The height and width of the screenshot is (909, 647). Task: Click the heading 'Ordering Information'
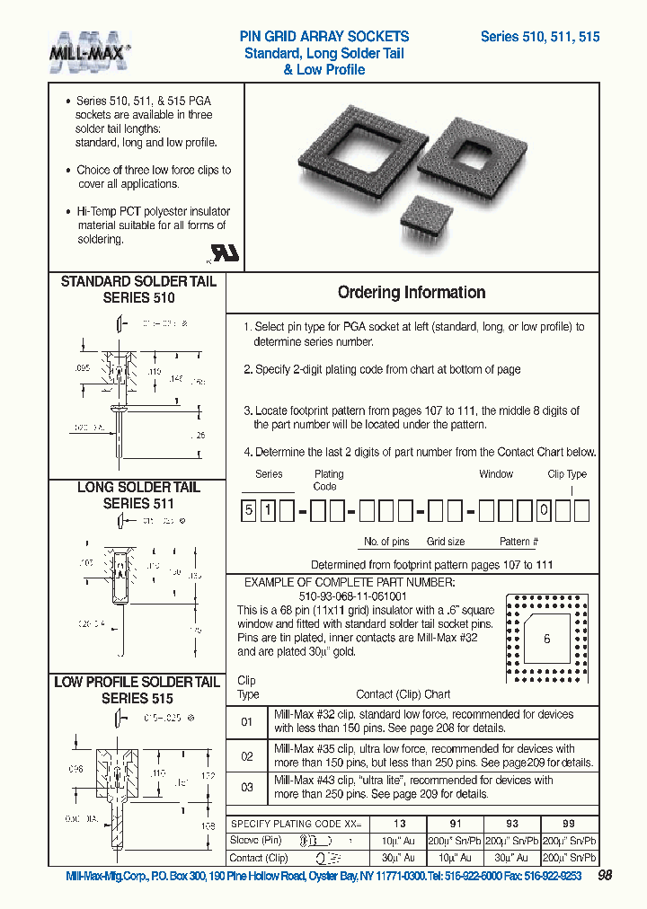click(412, 293)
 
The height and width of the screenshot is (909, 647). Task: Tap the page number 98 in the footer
click(605, 876)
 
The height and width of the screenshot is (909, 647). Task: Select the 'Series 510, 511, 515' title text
click(540, 37)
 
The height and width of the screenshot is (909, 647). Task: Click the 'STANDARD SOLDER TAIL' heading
click(138, 282)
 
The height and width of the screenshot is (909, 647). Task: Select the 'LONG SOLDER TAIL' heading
click(138, 488)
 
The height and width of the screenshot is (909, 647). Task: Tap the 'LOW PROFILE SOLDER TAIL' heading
click(137, 683)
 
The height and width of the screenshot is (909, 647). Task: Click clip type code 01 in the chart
click(247, 722)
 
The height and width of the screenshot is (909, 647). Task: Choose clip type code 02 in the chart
click(247, 756)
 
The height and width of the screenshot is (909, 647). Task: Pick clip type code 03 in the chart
click(247, 788)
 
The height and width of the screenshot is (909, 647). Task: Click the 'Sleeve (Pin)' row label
click(256, 841)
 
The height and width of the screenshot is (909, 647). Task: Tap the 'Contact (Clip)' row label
click(259, 858)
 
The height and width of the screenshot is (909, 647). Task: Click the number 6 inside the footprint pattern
click(546, 638)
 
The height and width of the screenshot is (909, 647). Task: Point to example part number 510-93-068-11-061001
click(353, 596)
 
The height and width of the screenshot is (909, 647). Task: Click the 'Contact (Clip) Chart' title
click(403, 694)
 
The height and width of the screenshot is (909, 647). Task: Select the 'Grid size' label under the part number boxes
click(446, 543)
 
